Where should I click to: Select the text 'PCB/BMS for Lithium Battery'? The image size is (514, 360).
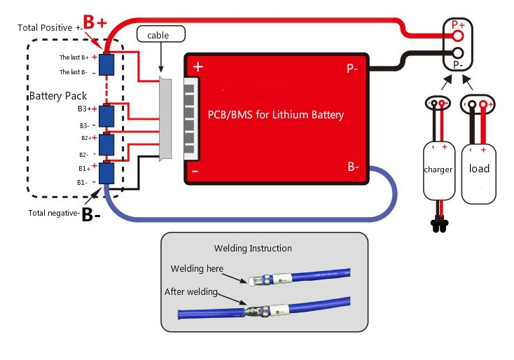click(276, 115)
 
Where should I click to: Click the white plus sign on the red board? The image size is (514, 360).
click(198, 67)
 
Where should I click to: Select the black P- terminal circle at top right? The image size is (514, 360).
click(458, 53)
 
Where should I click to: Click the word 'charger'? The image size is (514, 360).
click(438, 169)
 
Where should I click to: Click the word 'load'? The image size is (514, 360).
click(479, 169)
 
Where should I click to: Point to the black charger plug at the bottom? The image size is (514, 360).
click(439, 226)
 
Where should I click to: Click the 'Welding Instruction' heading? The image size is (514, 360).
click(253, 248)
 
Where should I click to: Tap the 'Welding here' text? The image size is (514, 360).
click(197, 269)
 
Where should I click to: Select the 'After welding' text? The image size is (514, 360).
click(191, 291)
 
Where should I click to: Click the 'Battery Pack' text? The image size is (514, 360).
click(50, 95)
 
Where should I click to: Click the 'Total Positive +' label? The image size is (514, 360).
click(49, 27)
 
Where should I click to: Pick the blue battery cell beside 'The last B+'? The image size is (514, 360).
click(106, 64)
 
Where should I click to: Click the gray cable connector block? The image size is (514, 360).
click(166, 119)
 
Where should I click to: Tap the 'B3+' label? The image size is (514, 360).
click(85, 109)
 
